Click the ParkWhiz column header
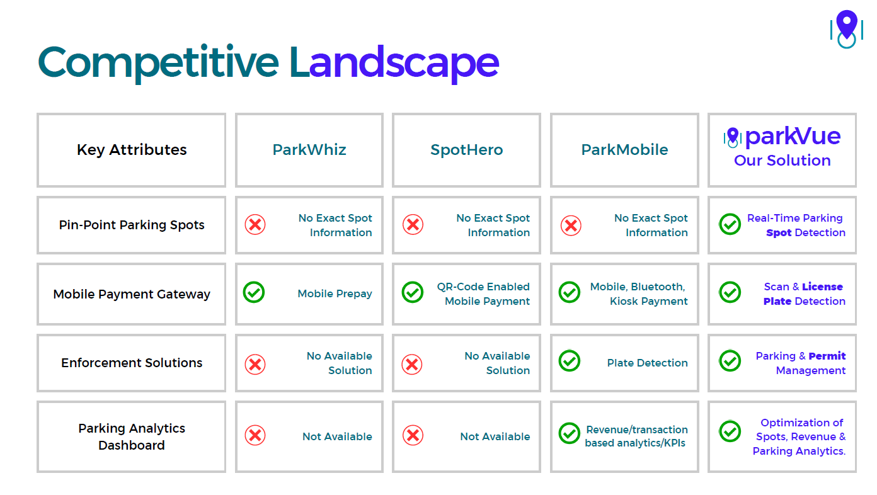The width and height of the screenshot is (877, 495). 309,150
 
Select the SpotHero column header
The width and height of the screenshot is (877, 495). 467,150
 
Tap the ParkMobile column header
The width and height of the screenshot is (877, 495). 624,150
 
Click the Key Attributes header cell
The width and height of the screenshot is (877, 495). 132,150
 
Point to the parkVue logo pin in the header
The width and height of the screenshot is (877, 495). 733,137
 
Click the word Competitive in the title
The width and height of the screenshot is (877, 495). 158,62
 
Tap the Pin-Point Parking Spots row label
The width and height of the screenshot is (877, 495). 132,225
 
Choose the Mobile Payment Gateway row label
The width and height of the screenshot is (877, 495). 132,294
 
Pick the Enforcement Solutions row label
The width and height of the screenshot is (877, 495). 132,363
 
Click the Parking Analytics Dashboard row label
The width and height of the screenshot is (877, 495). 132,436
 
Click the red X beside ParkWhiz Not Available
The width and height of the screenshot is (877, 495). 255,436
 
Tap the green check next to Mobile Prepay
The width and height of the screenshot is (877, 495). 254,292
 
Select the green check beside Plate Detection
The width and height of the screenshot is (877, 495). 570,361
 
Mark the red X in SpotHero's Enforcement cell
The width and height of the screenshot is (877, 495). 412,365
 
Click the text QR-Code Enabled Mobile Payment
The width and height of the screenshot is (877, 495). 483,294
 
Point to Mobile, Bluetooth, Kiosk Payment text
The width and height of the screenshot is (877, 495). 639,294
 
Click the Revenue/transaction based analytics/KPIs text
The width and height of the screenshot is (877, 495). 636,436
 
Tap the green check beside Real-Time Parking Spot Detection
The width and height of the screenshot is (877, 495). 730,224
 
